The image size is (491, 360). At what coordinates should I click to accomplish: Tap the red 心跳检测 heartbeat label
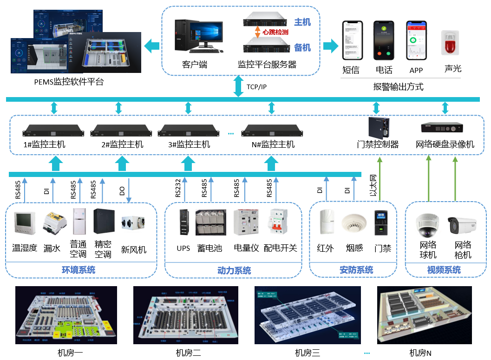275,33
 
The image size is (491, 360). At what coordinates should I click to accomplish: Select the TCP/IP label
256,87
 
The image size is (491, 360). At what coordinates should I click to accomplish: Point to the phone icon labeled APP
416,40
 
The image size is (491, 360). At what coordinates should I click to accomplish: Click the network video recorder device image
442,127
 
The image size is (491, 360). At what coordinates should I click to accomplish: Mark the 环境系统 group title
79,270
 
